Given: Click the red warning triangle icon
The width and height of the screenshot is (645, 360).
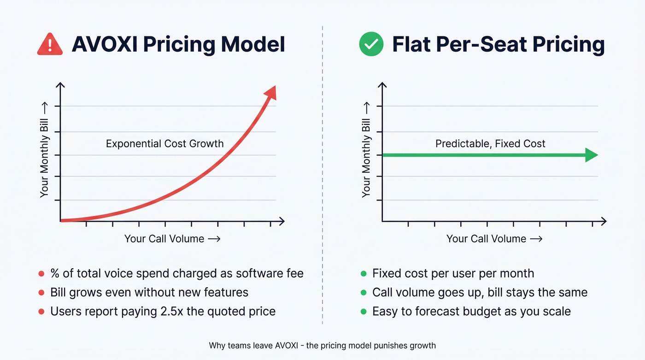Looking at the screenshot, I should point(50,45).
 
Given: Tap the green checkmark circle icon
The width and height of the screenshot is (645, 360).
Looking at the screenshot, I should point(371,45).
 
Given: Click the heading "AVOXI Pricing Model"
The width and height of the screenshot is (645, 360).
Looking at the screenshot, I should point(178,45).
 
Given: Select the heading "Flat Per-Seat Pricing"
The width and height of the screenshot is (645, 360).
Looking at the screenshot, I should point(498,45).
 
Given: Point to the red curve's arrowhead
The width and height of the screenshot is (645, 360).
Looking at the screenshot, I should point(270,92).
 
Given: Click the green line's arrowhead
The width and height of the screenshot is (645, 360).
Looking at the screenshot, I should point(591,155).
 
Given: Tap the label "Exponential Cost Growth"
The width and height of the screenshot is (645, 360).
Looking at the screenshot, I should point(164,143).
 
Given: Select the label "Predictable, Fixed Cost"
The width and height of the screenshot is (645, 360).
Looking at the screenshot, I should point(490,143).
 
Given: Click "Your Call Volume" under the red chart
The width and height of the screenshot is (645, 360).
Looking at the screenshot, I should point(164,239).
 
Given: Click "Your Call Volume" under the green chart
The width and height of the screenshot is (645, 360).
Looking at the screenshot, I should point(486,239).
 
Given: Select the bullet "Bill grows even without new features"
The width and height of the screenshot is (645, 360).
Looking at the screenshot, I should point(149,292).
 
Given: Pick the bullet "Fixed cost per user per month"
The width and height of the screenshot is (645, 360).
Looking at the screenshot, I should point(453,273).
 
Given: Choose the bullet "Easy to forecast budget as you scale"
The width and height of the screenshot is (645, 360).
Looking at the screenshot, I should point(471,311).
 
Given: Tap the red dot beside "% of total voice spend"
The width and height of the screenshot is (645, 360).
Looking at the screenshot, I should point(41,274).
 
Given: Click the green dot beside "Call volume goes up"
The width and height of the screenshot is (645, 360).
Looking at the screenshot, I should point(363,293).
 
